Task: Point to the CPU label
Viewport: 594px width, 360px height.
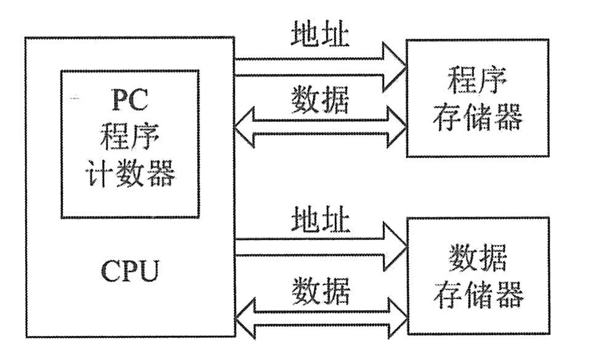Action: (x=130, y=271)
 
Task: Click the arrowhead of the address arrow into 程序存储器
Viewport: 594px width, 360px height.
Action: (x=393, y=67)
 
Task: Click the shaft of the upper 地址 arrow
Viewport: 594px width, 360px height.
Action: (x=308, y=67)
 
